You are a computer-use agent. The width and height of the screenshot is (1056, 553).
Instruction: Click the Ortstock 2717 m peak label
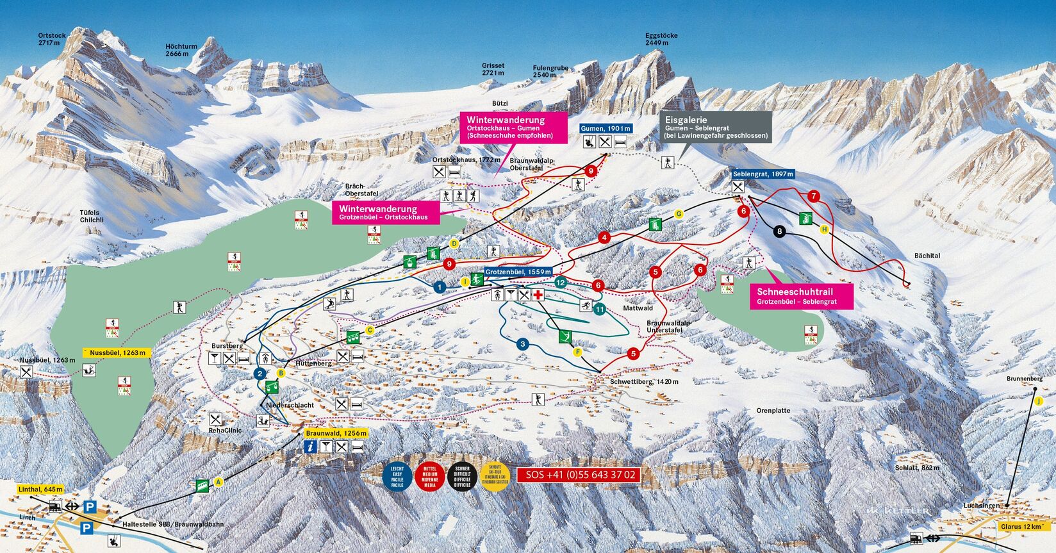point(52,39)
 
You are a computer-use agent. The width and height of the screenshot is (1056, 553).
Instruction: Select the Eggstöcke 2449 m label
point(661,39)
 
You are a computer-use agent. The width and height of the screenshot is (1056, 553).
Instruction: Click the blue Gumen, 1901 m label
point(606,129)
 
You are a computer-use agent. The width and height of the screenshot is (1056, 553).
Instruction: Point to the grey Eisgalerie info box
point(716,127)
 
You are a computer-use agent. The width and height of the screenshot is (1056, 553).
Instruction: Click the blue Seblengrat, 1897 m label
point(763,174)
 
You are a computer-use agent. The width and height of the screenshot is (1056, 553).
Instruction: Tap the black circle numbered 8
point(779,232)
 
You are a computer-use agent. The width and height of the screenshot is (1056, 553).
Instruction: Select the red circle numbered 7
point(814,196)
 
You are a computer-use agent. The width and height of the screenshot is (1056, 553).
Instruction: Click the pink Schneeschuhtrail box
point(801,296)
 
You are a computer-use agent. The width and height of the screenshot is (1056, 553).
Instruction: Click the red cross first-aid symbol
point(538,295)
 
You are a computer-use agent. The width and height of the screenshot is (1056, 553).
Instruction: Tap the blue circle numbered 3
point(523,344)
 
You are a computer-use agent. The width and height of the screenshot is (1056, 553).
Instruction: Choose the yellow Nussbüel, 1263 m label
point(117,352)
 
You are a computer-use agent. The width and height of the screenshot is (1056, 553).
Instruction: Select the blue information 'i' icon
point(311,447)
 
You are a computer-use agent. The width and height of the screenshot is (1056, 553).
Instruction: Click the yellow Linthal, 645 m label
point(41,490)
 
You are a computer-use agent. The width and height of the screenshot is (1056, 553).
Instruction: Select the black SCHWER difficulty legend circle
point(462,477)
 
